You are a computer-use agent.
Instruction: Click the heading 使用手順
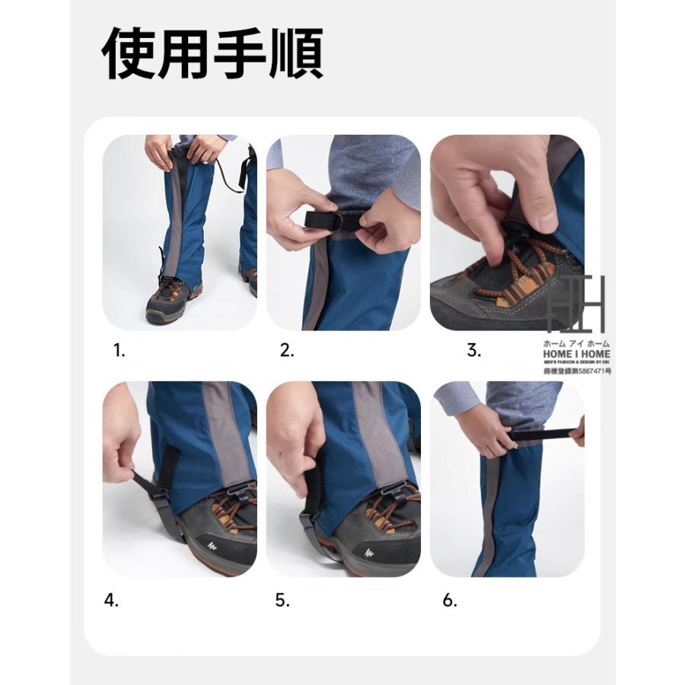pos(212,54)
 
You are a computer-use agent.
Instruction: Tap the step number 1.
pos(119,350)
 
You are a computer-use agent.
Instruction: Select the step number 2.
pos(287,350)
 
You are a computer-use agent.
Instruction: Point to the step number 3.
pos(474,350)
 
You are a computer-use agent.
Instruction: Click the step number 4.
pos(112,600)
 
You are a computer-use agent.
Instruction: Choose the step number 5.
pos(282,600)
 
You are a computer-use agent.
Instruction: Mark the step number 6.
pos(450,600)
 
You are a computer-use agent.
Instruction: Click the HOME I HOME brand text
pos(577,354)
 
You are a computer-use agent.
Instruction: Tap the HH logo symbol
pos(576,304)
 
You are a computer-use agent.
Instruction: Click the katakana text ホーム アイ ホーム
pos(577,343)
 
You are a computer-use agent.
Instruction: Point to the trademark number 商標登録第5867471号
pos(577,371)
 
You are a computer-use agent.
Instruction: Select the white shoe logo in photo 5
pos(371,552)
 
